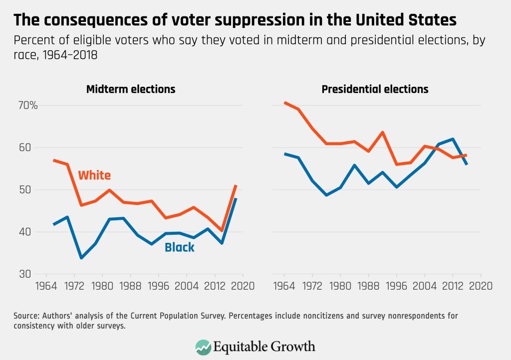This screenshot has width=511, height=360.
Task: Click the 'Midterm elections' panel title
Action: tap(131, 90)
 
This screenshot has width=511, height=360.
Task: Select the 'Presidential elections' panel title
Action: tap(375, 90)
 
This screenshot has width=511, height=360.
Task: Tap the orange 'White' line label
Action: tap(94, 176)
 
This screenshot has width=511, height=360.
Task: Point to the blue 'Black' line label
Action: tap(180, 247)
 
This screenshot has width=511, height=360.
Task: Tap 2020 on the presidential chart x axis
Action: tap(481, 286)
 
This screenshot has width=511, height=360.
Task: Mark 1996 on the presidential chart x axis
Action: tap(397, 286)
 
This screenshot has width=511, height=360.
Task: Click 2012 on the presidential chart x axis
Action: tap(453, 286)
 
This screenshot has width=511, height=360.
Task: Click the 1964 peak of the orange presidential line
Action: tap(285, 103)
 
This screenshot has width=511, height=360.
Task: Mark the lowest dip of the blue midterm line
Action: tap(81, 258)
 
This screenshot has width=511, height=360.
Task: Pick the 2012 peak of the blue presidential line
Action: tap(453, 139)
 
